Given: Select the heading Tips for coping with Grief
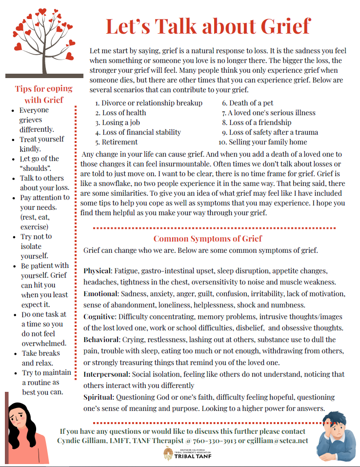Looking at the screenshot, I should click(x=43, y=94).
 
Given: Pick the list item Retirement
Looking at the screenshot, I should click(x=120, y=142).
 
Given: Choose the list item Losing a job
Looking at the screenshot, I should click(x=121, y=122).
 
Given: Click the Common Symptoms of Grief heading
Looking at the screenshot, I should click(x=207, y=239).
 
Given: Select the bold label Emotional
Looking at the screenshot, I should click(x=101, y=294).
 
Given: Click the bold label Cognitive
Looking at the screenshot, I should click(x=100, y=316).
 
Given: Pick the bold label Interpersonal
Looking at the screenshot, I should click(x=107, y=374).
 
